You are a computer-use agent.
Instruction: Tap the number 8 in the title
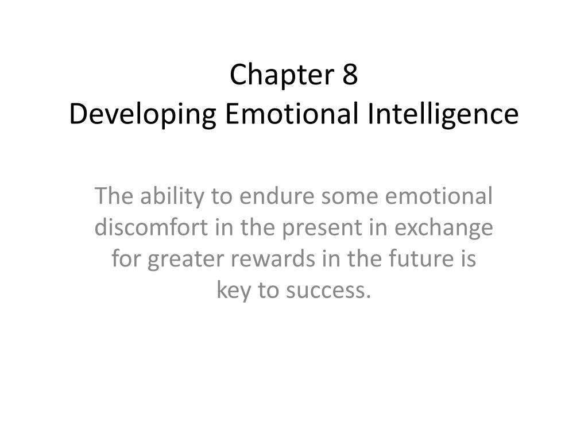click(x=350, y=75)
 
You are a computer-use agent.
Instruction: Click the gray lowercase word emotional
click(x=438, y=196)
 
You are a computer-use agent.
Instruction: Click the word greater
click(x=186, y=260)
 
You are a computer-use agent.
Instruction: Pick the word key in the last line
click(x=234, y=291)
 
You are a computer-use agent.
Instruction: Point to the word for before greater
click(x=127, y=260)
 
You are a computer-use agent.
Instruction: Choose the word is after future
click(x=468, y=260)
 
